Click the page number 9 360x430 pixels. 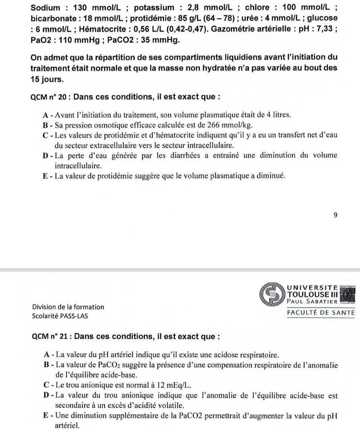pyautogui.click(x=335, y=215)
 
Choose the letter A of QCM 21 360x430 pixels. pyautogui.click(x=46, y=355)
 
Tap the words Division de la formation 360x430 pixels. pyautogui.click(x=68, y=307)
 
